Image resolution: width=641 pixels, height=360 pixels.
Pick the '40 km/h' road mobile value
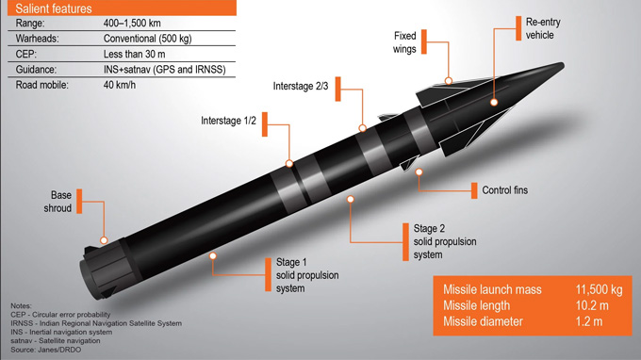click(123, 85)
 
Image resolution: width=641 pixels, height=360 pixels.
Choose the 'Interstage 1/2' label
click(229, 121)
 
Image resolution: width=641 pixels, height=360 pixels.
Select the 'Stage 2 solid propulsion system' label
click(444, 240)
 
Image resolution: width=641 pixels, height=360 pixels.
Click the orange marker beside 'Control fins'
click(474, 190)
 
